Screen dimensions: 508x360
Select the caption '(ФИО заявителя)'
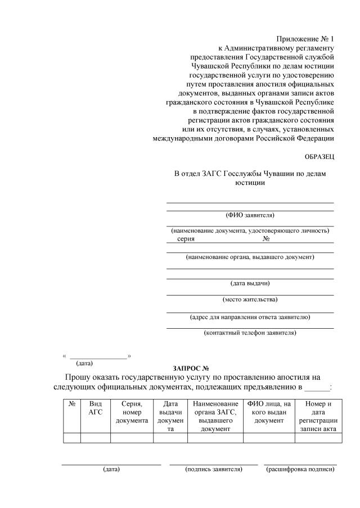point(250,215)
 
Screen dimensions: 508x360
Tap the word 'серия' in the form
point(186,238)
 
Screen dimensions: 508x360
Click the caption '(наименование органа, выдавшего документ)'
point(250,257)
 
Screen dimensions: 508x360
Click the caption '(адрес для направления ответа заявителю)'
point(250,317)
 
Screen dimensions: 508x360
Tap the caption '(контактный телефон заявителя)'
point(250,333)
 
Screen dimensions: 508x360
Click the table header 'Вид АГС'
point(96,407)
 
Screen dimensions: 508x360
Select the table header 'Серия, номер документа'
point(132,412)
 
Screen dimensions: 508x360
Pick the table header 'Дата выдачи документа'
point(170,416)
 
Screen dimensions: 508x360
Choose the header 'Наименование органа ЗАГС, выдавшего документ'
point(215,416)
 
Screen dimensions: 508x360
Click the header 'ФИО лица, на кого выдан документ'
point(269,412)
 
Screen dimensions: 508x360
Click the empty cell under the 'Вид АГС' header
point(96,438)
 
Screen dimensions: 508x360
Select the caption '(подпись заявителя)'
point(214,469)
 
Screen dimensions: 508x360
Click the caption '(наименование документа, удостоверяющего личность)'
point(250,230)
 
